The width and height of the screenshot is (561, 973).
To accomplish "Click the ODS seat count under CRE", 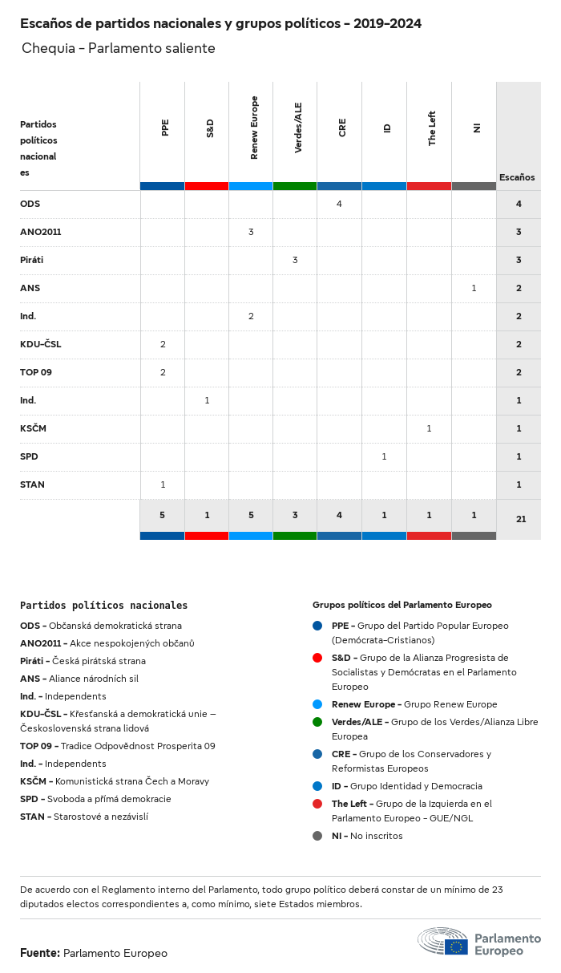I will click(x=339, y=204).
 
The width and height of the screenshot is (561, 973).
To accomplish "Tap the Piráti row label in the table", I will click(x=32, y=260).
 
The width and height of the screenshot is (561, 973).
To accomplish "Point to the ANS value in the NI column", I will click(x=474, y=288).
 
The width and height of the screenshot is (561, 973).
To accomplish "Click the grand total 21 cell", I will click(x=520, y=519).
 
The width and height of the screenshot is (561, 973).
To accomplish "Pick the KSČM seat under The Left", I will click(x=429, y=428).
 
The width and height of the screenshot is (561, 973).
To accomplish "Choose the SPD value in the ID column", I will click(x=384, y=456).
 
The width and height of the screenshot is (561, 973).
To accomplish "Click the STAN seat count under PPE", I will click(x=163, y=484).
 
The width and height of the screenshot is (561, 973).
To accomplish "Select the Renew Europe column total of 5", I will click(x=251, y=515).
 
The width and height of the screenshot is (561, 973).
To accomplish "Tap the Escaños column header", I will click(x=517, y=177).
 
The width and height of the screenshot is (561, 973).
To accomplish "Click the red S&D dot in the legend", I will click(x=317, y=658).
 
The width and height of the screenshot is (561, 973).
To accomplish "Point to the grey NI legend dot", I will click(x=317, y=836).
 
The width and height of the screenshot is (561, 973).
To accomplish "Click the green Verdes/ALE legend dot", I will click(x=317, y=722).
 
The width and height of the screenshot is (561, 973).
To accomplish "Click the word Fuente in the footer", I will click(x=39, y=953).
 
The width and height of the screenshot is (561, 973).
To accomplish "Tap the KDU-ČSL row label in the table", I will click(x=41, y=344).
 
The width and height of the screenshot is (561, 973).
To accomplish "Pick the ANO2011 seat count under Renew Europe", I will click(x=251, y=232).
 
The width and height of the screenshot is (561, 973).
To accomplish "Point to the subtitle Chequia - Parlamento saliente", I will click(x=119, y=48).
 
